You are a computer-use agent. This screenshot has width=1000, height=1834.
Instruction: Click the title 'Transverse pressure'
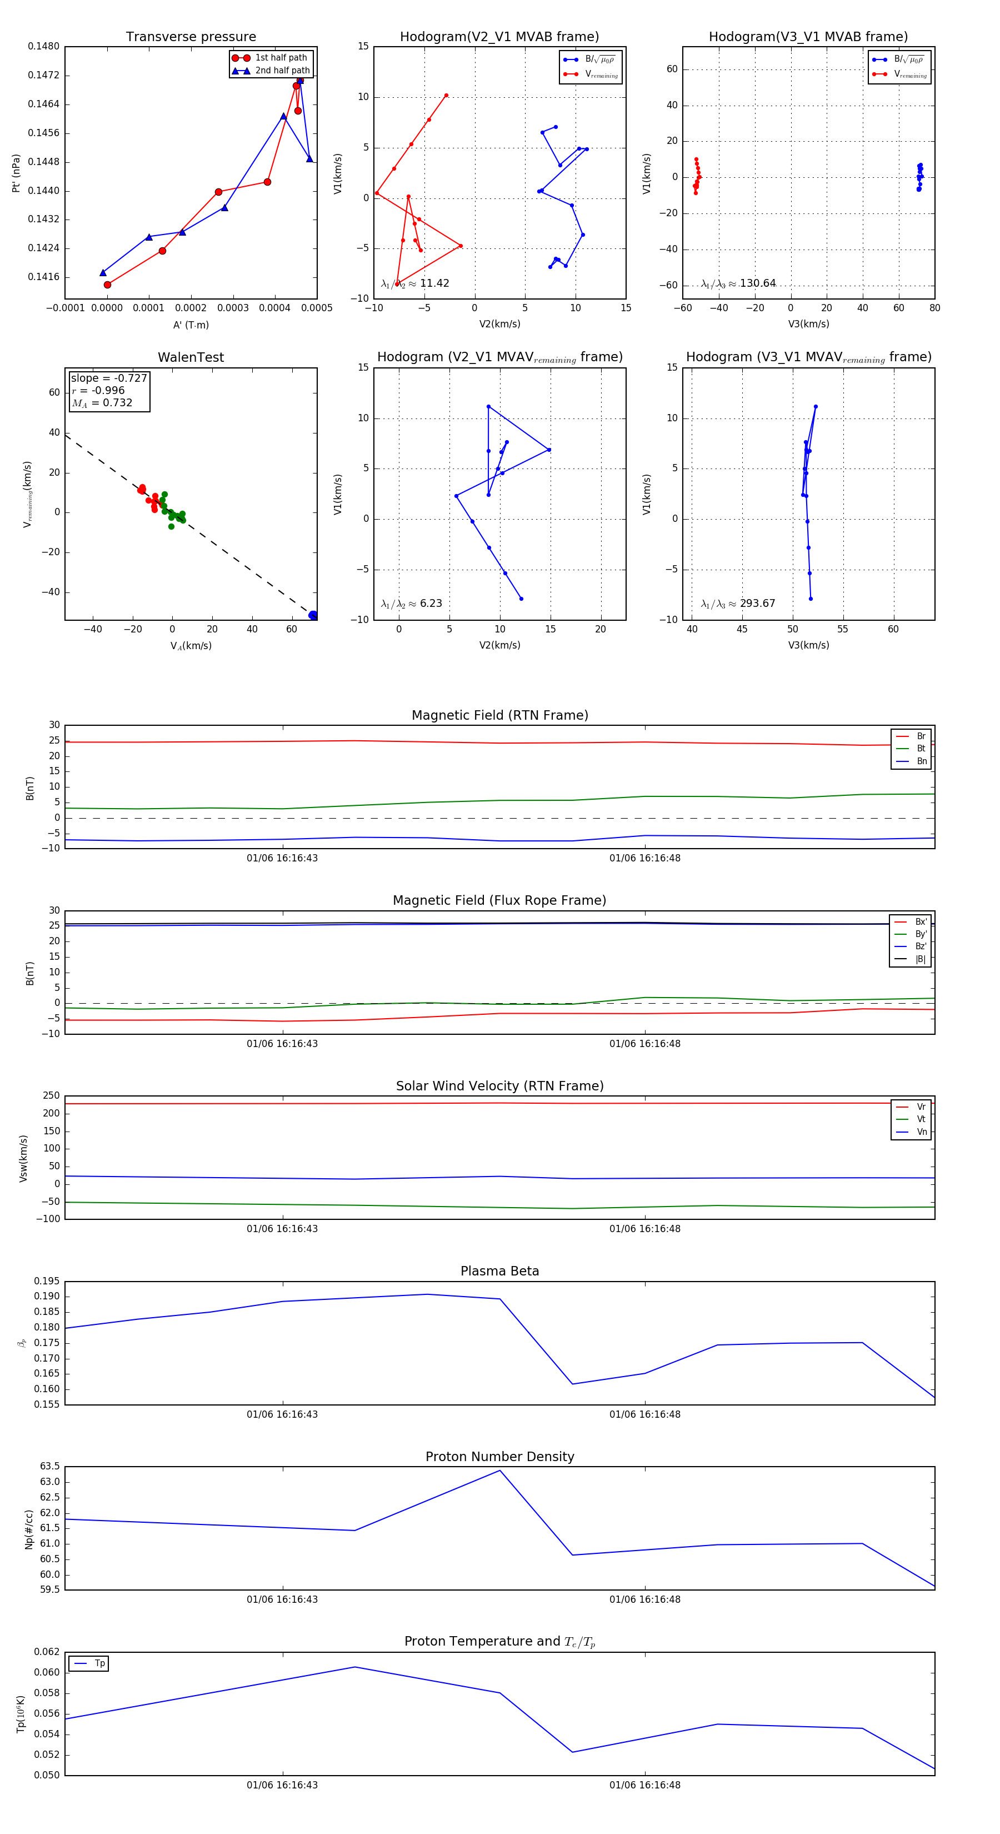coord(191,37)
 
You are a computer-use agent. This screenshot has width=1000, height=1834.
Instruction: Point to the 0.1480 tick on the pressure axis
coord(43,46)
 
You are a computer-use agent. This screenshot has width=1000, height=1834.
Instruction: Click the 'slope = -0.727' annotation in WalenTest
coord(109,378)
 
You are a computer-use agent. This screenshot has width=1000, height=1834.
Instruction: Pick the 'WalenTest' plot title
coord(191,357)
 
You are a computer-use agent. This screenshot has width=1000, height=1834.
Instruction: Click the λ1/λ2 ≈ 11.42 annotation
coord(415,283)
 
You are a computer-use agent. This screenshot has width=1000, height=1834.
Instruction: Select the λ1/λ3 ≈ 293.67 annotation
coord(738,604)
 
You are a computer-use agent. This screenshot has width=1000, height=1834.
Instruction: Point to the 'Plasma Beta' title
coord(499,1271)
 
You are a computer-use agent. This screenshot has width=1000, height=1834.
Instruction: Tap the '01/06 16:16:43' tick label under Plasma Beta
coord(283,1414)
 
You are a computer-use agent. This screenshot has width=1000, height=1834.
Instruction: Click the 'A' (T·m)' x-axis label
coord(191,325)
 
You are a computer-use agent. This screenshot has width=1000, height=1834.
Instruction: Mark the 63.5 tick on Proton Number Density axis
coord(50,1467)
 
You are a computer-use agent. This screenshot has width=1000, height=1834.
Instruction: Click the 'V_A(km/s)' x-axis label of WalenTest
coord(191,646)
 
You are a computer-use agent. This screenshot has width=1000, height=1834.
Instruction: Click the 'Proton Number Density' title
coord(499,1457)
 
